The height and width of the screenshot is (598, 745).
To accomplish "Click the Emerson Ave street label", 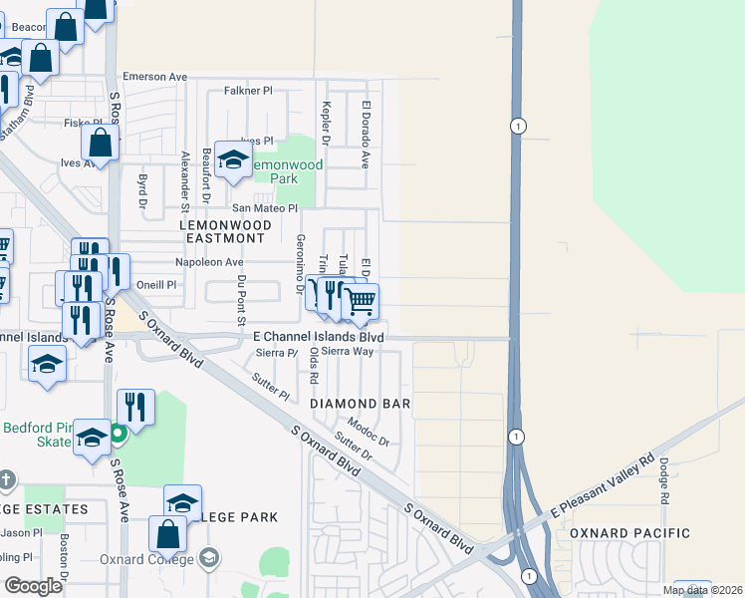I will (154, 77).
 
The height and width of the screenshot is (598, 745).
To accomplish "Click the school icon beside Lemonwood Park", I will (233, 159).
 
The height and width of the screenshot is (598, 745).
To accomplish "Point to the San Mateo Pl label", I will (265, 208).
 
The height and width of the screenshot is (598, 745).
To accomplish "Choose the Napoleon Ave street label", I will (209, 262).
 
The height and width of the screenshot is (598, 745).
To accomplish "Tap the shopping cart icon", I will (361, 300).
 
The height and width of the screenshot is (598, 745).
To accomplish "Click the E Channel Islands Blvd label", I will (319, 337).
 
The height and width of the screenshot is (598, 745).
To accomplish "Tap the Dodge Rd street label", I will (663, 479).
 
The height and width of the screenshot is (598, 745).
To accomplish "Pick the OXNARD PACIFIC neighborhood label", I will (629, 534).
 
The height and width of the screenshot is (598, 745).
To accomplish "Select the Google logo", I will (33, 586).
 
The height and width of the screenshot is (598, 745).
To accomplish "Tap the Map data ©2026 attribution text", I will (702, 590).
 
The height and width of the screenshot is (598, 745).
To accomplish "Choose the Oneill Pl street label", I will (156, 284).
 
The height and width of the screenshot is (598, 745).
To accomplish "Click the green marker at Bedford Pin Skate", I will (118, 434).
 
